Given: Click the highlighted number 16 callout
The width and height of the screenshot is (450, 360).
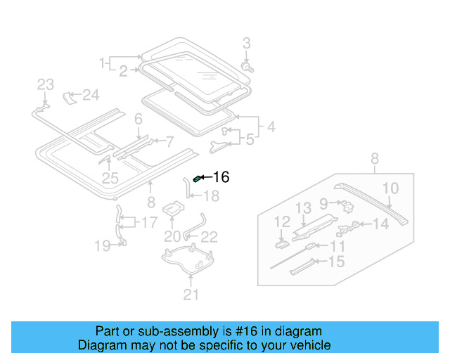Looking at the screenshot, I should (221, 178).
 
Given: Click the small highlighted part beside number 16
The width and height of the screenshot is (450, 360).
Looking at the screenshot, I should (198, 179).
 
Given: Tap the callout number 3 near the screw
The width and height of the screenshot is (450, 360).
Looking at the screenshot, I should (246, 44).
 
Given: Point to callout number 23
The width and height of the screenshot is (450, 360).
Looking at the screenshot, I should (46, 85).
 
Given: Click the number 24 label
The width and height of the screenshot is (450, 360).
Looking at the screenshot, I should (91, 94).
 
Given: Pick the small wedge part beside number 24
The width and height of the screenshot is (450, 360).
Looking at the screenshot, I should (70, 95).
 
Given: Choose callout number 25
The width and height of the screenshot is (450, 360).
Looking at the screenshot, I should (110, 178).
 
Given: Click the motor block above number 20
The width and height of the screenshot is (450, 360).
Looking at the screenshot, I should (173, 209).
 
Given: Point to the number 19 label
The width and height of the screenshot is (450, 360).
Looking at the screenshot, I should (103, 245).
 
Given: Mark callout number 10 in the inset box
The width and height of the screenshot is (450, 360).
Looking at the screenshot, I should (391, 188).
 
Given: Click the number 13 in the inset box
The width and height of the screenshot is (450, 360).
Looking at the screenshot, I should (302, 207).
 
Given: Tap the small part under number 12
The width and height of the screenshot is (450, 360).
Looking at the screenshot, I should (281, 244).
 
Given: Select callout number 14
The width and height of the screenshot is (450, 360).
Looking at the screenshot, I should (380, 224).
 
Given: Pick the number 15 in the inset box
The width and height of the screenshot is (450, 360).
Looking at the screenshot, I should (337, 262).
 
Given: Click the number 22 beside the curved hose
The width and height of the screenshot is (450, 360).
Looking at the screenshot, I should (210, 237).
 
